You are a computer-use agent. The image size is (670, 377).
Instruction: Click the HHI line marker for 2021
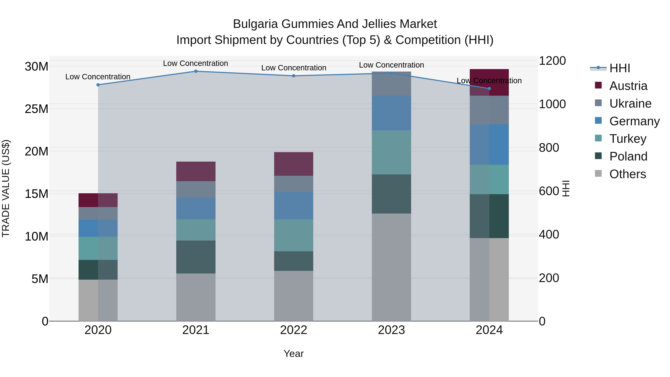[196, 71]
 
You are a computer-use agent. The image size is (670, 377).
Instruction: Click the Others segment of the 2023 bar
[391, 267]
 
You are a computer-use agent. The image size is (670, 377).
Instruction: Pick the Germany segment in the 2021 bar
[196, 208]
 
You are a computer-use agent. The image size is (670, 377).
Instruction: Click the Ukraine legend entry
[630, 104]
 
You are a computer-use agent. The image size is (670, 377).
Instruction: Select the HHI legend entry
[620, 68]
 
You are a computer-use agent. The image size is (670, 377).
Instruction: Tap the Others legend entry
[627, 174]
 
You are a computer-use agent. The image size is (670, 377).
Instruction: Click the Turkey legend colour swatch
[598, 138]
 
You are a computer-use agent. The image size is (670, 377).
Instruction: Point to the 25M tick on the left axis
[36, 109]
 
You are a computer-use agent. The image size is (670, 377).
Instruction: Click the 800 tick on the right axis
[549, 148]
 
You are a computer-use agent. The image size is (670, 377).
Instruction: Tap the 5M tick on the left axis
[40, 279]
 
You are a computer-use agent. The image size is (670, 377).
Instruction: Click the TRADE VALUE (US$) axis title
[6, 188]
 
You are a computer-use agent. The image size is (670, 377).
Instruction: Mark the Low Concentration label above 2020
[98, 77]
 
